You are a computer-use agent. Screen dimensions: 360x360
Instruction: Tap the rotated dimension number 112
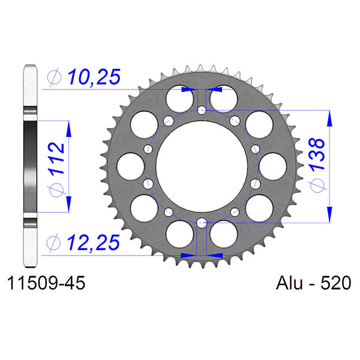click(x=57, y=160)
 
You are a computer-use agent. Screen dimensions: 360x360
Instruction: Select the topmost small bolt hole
click(x=202, y=110)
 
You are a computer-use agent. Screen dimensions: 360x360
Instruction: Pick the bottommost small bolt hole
click(x=202, y=221)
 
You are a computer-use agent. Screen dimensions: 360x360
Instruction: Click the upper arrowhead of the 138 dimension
click(x=329, y=118)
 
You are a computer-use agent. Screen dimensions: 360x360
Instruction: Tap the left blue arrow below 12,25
click(x=188, y=255)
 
